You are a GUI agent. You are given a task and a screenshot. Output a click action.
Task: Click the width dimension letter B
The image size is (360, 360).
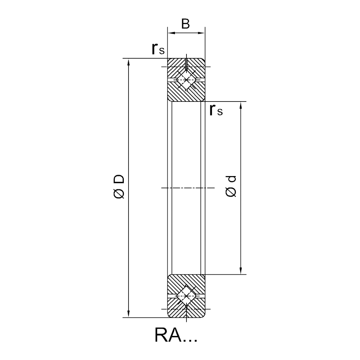185,24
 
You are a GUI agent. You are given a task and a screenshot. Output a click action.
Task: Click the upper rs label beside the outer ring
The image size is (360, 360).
158,49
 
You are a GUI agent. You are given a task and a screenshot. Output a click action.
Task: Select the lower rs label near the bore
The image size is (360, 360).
216,110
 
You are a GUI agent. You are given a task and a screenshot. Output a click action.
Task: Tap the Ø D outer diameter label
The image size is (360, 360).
119,186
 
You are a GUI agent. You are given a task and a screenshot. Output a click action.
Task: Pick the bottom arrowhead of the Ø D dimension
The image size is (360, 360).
129,314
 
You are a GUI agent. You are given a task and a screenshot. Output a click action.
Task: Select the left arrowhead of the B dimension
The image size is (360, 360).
171,33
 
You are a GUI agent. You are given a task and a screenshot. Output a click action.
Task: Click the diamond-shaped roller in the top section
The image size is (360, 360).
186,80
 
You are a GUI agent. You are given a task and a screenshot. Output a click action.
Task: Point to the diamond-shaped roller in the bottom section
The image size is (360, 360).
186,296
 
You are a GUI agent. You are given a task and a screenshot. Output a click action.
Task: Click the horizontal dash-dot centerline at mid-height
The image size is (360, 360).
188,188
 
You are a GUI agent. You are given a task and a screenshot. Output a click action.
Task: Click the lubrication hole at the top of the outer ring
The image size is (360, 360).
186,64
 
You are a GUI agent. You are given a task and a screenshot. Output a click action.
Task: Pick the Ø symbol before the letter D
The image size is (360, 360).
119,193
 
